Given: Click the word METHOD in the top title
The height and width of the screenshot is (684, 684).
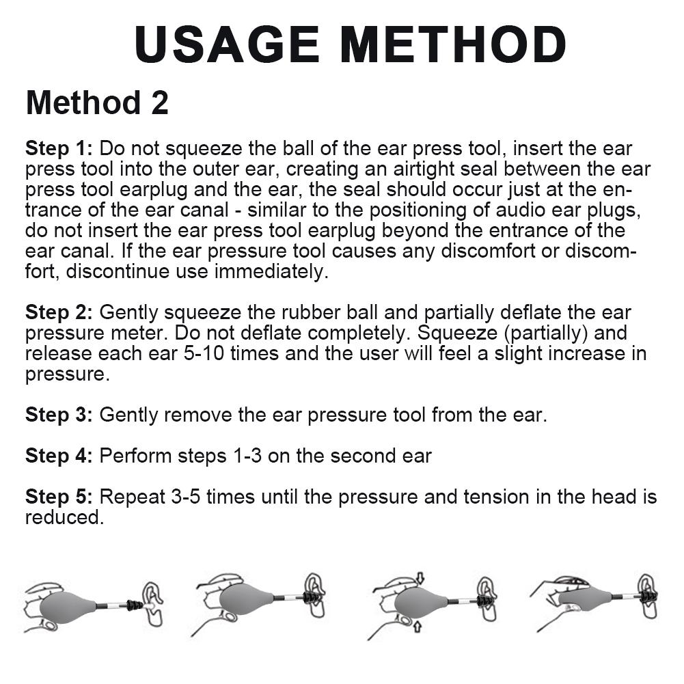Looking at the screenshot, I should coord(453,44).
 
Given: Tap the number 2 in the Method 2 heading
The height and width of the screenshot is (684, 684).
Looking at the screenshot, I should coord(157,103).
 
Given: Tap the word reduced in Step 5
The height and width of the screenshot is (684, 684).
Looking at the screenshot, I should coord(64,517).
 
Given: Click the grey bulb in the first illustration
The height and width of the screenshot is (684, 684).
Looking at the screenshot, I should coord(68,605).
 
